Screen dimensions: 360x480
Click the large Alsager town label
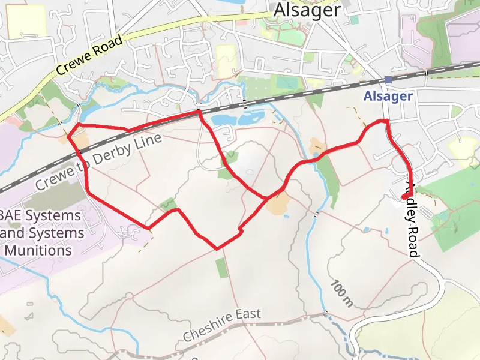(x=307, y=10)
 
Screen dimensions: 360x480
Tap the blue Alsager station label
(x=388, y=96)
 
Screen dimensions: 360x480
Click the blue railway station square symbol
(x=389, y=79)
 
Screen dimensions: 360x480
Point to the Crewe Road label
(x=89, y=55)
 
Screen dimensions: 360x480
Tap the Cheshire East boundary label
(x=223, y=324)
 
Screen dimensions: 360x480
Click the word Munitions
(x=37, y=250)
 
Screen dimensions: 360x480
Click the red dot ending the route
(x=405, y=196)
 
